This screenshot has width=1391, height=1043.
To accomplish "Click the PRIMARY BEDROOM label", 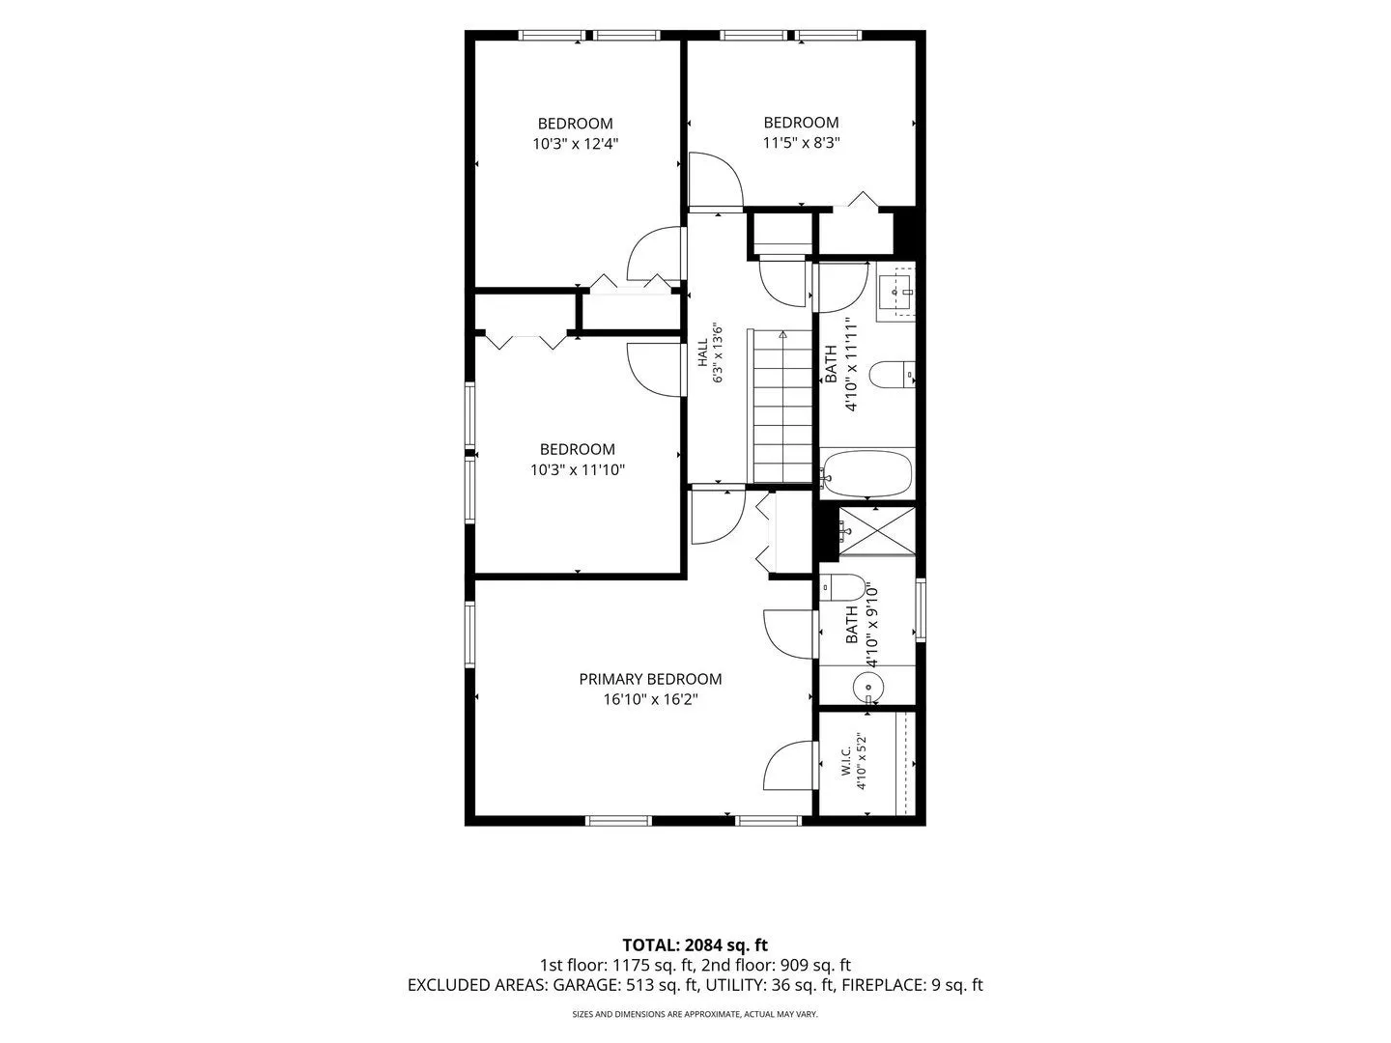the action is [x=650, y=679].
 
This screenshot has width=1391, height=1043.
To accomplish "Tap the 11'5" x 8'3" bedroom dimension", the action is [x=801, y=143].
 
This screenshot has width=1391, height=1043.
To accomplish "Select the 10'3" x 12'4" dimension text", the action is [x=576, y=144].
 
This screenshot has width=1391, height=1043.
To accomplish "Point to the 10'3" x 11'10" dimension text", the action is [x=578, y=470].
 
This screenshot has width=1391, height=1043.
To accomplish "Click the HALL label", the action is [x=703, y=352].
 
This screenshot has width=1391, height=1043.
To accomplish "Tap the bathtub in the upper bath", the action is [x=866, y=474].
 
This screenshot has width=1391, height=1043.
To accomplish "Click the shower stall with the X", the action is [x=877, y=531].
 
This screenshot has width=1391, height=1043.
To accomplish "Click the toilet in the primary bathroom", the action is [x=841, y=588].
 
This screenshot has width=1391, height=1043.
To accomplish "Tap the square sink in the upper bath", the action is [x=896, y=292].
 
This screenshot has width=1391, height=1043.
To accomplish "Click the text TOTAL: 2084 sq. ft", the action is [x=695, y=944].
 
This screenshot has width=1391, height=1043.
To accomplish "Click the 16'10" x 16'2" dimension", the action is [x=650, y=700].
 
